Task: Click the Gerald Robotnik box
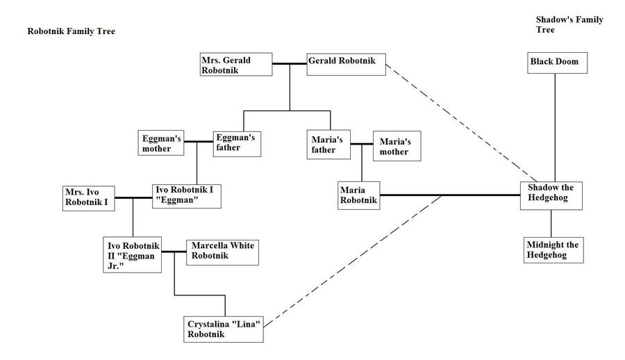tap(345, 65)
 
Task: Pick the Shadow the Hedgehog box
tap(552, 195)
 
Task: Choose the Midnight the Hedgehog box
tap(553, 249)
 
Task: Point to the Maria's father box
tap(328, 145)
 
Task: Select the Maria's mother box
tap(397, 146)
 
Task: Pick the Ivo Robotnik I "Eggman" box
tap(187, 195)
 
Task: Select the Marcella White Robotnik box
tap(222, 252)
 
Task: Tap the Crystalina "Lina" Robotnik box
tap(224, 329)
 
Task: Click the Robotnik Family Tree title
tap(71, 31)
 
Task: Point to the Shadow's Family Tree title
tap(569, 25)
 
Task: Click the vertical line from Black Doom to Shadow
tap(555, 125)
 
